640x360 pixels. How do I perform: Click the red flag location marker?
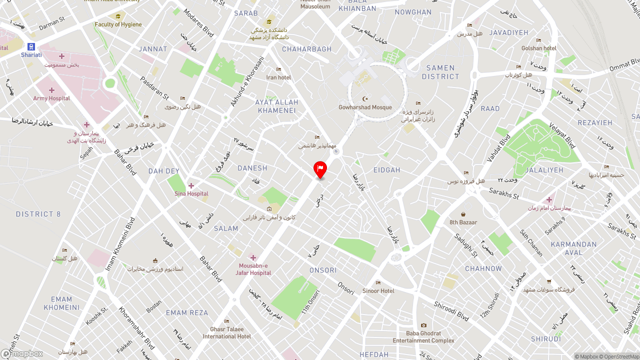(320, 168)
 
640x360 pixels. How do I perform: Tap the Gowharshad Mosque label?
(365, 107)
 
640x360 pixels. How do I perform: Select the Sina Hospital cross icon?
(190, 185)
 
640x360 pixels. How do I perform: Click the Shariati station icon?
(31, 47)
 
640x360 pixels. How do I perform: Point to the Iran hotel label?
(278, 77)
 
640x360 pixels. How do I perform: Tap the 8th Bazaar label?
(463, 222)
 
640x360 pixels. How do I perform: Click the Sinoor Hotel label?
(378, 290)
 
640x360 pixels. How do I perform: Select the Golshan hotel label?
(538, 48)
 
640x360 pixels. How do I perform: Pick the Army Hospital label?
(51, 98)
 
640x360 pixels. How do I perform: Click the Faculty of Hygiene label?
(118, 24)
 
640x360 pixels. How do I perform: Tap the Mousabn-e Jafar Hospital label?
(253, 269)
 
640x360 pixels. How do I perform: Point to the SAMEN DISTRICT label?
(440, 72)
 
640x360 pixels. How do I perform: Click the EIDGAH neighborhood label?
(386, 170)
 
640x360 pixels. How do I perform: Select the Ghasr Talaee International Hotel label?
(227, 332)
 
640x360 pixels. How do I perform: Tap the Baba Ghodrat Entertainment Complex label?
(423, 337)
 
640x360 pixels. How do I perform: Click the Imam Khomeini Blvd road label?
(120, 243)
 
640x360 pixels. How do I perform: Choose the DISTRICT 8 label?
(38, 214)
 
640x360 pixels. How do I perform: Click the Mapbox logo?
(22, 354)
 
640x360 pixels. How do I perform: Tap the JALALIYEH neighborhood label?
(544, 170)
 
